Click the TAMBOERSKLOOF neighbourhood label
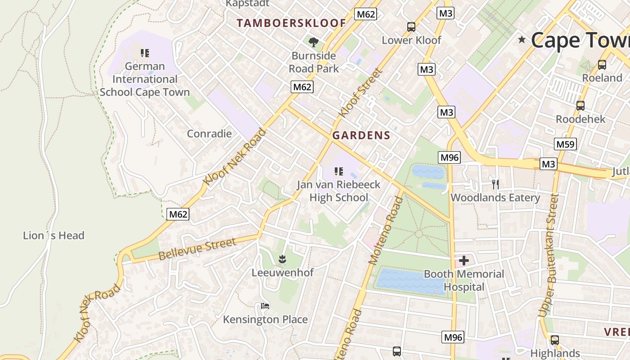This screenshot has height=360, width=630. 291,23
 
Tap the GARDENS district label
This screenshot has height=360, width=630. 361,135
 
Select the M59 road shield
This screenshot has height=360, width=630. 565,144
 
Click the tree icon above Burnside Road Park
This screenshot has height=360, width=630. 314,42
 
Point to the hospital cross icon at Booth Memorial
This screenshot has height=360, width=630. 463,261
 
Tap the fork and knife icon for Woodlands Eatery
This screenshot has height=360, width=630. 495,184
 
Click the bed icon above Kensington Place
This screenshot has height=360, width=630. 265,306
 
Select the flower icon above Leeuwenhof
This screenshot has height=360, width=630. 282,259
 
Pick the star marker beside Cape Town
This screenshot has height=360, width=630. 522,40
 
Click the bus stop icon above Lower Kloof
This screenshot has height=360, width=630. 411,27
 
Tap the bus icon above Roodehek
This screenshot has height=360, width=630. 580,106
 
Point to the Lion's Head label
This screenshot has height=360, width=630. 54,235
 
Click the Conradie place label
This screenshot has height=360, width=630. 209,134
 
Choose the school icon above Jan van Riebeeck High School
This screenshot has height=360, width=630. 339,171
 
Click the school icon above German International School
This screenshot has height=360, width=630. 144,53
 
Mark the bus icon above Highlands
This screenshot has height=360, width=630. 555,340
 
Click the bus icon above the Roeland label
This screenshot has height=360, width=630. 602,65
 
